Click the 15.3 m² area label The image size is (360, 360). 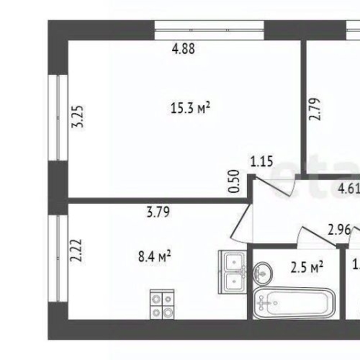pyautogui.click(x=189, y=109)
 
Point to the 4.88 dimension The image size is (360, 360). pyautogui.click(x=184, y=50)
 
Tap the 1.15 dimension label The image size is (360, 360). pyautogui.click(x=261, y=162)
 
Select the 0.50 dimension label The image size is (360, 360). pyautogui.click(x=234, y=181)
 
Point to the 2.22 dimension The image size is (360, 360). pyautogui.click(x=74, y=249)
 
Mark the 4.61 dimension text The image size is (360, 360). pyautogui.click(x=348, y=189)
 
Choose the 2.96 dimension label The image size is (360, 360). pyautogui.click(x=338, y=230)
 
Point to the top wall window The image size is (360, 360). pyautogui.click(x=210, y=30)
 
